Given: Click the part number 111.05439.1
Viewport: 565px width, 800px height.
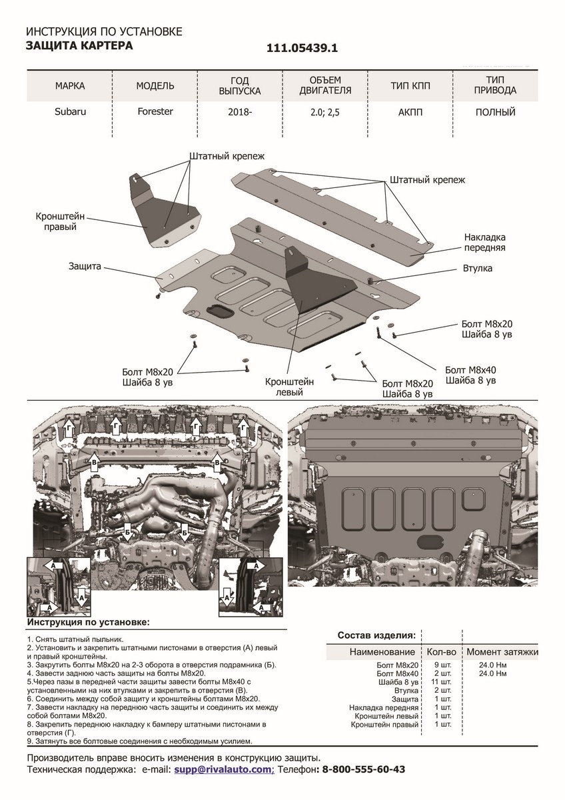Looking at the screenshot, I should tap(302, 48).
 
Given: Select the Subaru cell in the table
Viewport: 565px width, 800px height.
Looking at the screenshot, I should tap(70, 111).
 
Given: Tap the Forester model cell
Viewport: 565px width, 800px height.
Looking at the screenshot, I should tap(155, 111).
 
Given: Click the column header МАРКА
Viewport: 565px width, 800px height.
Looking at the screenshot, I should tap(70, 86).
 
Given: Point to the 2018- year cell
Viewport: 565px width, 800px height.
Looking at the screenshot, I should tap(240, 112).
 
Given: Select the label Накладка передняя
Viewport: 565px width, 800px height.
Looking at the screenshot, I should tap(485, 241).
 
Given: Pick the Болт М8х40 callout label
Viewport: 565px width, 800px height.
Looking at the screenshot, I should tap(470, 375).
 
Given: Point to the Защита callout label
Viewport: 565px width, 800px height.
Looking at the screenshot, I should tap(84, 265).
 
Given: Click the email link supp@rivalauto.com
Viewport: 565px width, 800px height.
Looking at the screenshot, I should tap(223, 769).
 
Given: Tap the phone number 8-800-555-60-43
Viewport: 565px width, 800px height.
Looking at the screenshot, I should tap(363, 769).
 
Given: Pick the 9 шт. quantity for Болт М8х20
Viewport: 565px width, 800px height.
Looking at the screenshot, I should tap(440, 665).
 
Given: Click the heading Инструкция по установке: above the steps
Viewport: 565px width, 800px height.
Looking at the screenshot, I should tap(88, 622).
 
